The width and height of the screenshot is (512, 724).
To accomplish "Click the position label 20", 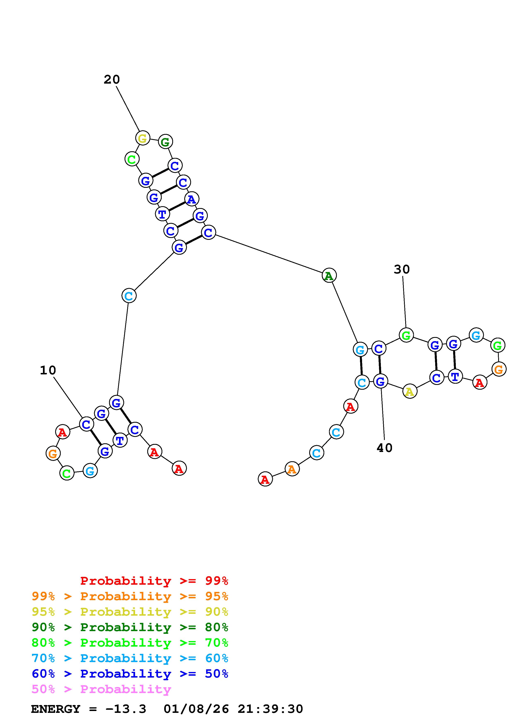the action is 112,79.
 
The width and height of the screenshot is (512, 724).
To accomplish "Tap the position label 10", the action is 48,370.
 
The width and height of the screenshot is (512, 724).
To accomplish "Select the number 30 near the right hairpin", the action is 402,269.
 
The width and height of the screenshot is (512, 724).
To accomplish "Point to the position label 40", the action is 384,448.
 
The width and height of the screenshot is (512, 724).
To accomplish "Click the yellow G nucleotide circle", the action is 143,138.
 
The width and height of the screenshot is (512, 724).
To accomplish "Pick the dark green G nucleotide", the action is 165,142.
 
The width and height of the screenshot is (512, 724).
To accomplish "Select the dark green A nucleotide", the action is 329,276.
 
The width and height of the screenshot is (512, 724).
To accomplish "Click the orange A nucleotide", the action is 292,469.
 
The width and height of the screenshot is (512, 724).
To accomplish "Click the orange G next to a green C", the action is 53,453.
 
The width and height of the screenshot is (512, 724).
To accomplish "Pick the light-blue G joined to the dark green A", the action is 360,349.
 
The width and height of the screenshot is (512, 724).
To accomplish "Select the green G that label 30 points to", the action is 406,335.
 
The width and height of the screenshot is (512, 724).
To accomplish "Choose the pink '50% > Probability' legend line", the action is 101,689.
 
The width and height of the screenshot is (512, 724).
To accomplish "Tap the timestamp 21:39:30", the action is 270,709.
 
